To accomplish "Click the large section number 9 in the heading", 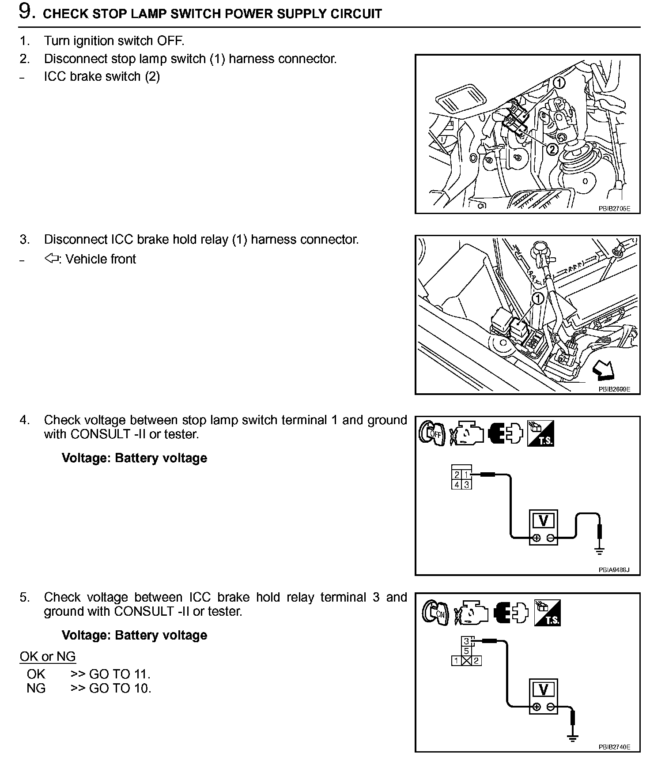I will pyautogui.click(x=26, y=11).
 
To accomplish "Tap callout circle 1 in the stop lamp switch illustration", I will pyautogui.click(x=559, y=82).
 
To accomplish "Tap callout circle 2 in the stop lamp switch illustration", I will pyautogui.click(x=552, y=150).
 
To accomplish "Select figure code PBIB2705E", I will pyautogui.click(x=614, y=209).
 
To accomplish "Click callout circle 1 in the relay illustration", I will pyautogui.click(x=537, y=299).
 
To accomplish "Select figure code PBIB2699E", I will pyautogui.click(x=614, y=389).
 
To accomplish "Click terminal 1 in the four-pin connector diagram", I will pyautogui.click(x=466, y=475).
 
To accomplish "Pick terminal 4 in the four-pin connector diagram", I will pyautogui.click(x=457, y=485).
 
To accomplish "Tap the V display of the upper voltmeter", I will pyautogui.click(x=543, y=521).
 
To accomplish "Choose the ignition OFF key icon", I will pyautogui.click(x=432, y=434).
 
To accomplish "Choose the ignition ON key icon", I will pyautogui.click(x=435, y=613).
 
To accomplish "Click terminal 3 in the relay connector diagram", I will pyautogui.click(x=466, y=641).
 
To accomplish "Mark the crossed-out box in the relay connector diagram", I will pyautogui.click(x=466, y=661).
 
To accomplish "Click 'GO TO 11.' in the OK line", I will pyautogui.click(x=120, y=674).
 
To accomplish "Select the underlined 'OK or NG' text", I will pyautogui.click(x=48, y=656).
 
